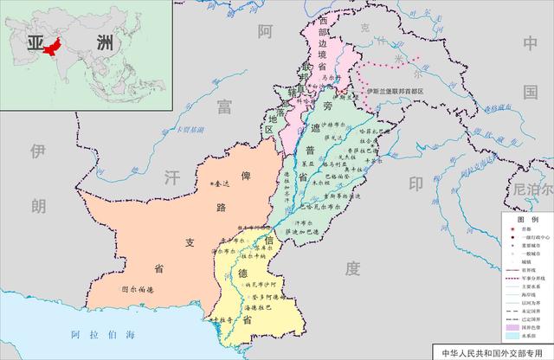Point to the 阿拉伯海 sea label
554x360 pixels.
click(x=104, y=333)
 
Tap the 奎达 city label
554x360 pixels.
click(x=221, y=184)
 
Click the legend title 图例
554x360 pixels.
click(x=523, y=221)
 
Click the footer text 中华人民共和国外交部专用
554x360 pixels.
click(x=496, y=353)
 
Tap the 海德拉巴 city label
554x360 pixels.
click(x=261, y=306)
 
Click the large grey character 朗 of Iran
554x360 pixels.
click(x=37, y=206)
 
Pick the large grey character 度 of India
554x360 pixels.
click(x=351, y=269)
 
